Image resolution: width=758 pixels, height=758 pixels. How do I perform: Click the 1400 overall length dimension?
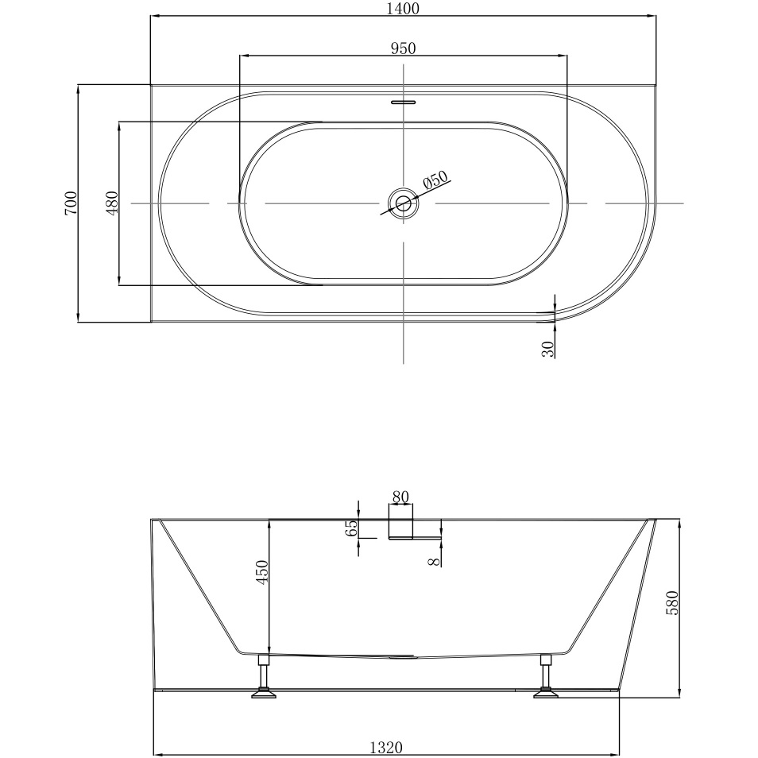click(x=404, y=9)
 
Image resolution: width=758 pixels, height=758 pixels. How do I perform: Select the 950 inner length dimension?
click(x=404, y=48)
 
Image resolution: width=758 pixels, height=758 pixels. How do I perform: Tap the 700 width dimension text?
click(x=70, y=203)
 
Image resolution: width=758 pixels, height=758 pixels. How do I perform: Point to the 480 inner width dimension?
click(x=112, y=203)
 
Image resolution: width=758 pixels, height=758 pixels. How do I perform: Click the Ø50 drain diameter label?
click(x=435, y=181)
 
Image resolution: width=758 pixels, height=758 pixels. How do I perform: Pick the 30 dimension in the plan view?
click(x=547, y=349)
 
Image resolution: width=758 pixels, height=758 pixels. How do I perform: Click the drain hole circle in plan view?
click(x=404, y=203)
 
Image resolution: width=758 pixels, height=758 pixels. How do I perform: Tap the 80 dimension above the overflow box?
click(x=400, y=497)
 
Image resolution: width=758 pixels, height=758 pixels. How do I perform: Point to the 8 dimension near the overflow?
click(x=432, y=561)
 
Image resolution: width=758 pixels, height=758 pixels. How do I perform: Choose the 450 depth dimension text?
click(x=263, y=572)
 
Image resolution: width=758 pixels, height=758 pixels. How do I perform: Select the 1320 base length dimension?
click(x=386, y=748)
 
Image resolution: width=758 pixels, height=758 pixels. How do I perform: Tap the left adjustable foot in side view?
click(x=264, y=679)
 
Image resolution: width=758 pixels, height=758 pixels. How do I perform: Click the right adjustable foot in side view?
click(x=546, y=679)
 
